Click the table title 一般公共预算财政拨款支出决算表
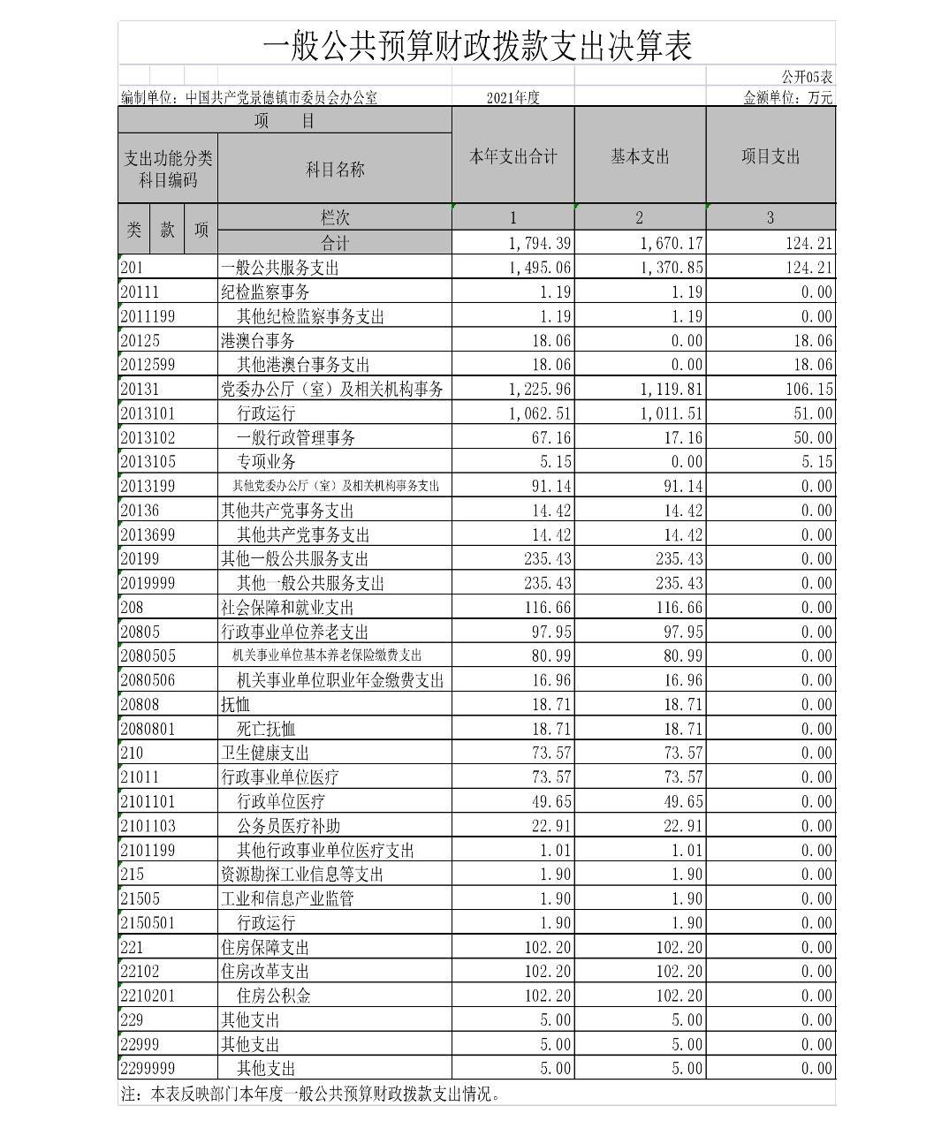pyautogui.click(x=476, y=45)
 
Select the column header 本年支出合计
pyautogui.click(x=512, y=157)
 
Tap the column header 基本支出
pyautogui.click(x=640, y=157)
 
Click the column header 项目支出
pyautogui.click(x=771, y=157)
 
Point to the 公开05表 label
pyautogui.click(x=807, y=78)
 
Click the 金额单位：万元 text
pyautogui.click(x=788, y=98)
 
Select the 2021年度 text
pyautogui.click(x=512, y=98)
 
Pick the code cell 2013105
pyautogui.click(x=148, y=462)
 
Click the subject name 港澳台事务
pyautogui.click(x=257, y=341)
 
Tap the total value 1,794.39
pyautogui.click(x=540, y=243)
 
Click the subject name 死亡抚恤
pyautogui.click(x=266, y=729)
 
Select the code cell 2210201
pyautogui.click(x=148, y=996)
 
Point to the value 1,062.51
pyautogui.click(x=540, y=413)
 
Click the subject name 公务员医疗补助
pyautogui.click(x=288, y=826)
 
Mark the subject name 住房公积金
pyautogui.click(x=273, y=996)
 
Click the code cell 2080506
pyautogui.click(x=148, y=680)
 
